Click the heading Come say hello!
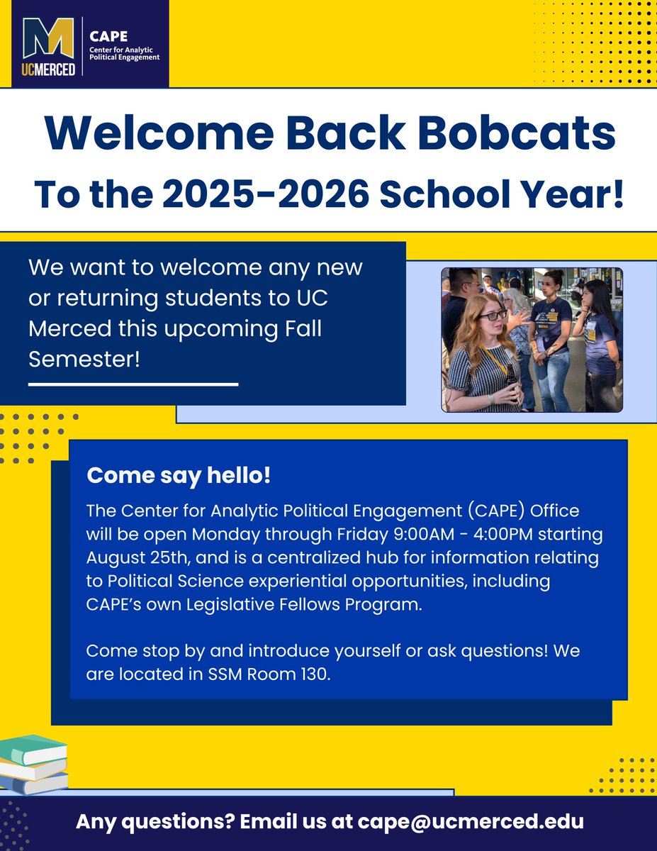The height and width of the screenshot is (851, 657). [179, 476]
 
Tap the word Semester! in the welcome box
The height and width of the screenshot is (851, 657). [84, 359]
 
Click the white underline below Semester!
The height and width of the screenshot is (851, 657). [133, 384]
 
